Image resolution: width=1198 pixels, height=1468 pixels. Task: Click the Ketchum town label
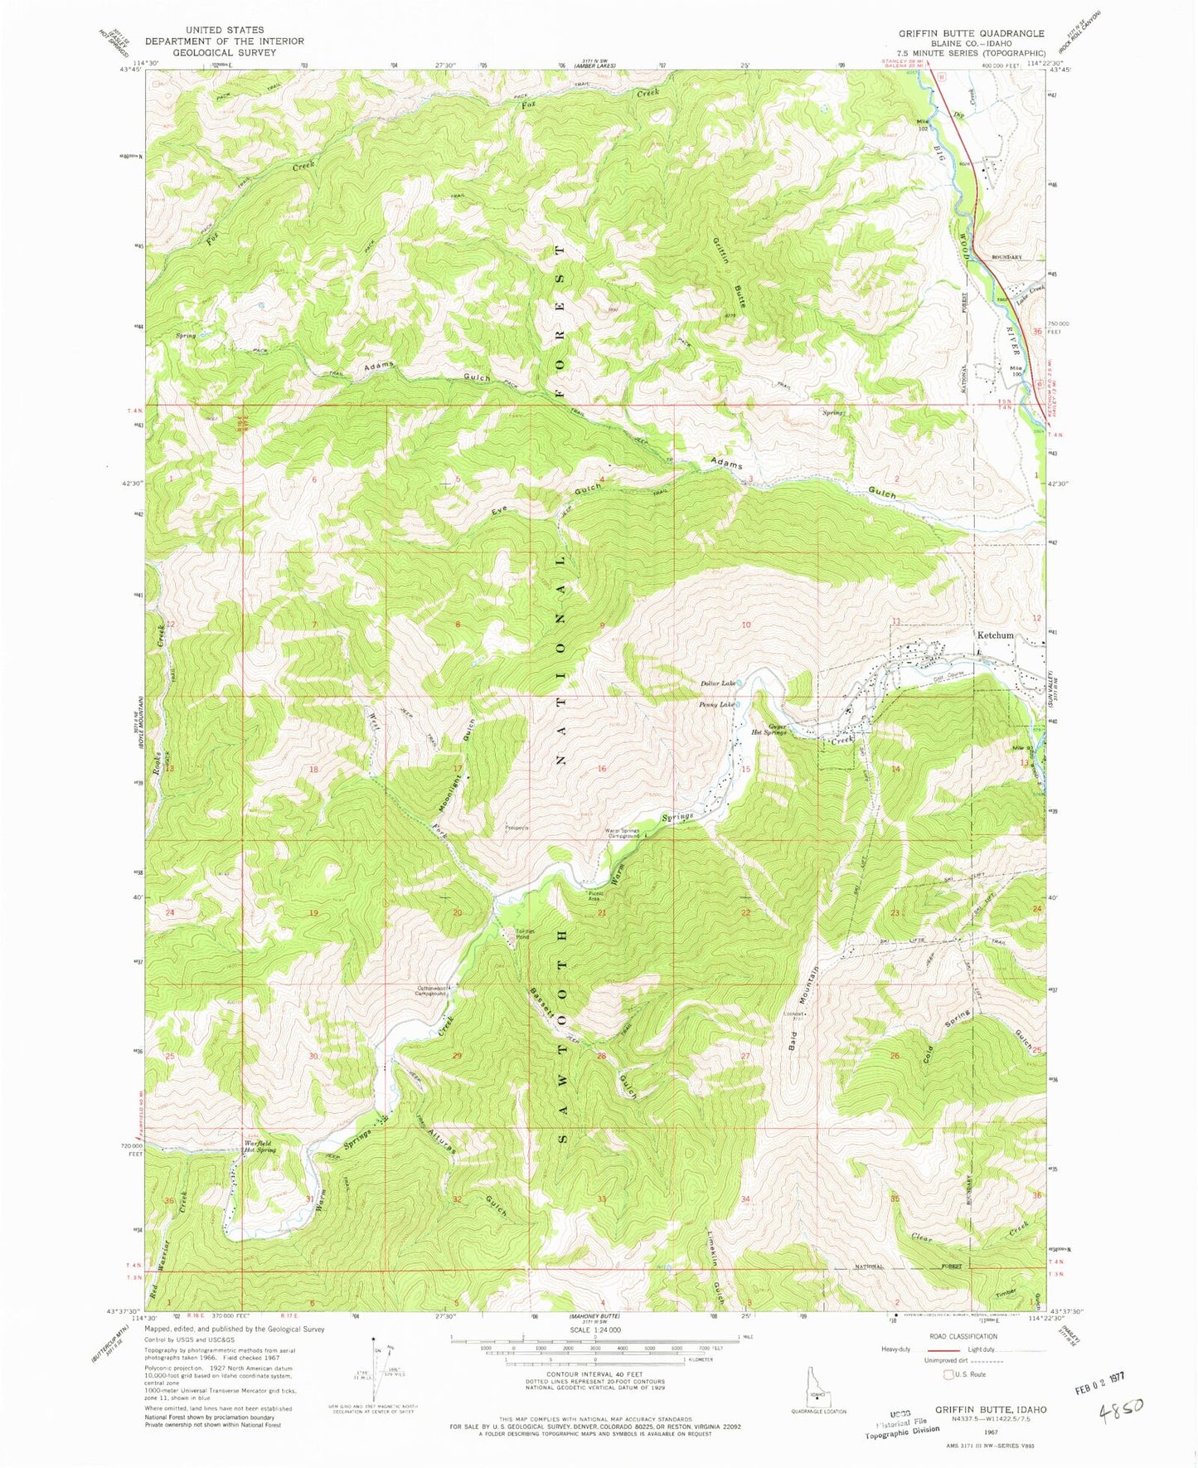pos(994,635)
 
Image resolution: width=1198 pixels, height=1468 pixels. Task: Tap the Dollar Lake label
pos(717,683)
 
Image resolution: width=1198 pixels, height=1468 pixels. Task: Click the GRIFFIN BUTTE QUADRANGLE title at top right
pos(971,33)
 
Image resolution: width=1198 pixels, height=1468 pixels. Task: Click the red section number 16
pos(602,769)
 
